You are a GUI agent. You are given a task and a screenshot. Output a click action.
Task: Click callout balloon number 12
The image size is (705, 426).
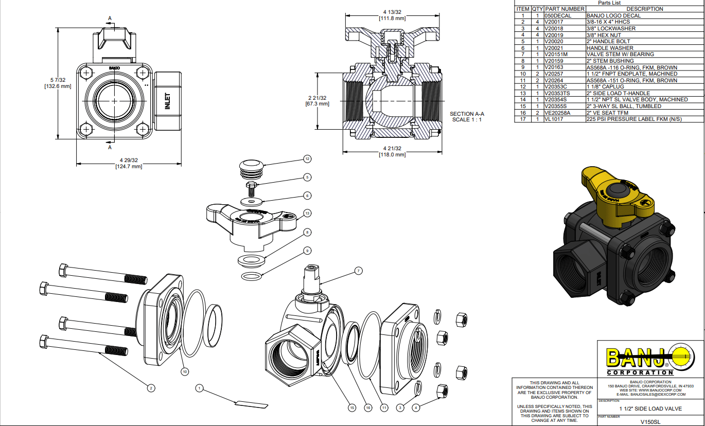tap(308, 159)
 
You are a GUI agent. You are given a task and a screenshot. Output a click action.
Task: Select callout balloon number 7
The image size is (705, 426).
tap(358, 271)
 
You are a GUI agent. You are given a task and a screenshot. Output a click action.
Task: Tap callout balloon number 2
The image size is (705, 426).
tap(151, 388)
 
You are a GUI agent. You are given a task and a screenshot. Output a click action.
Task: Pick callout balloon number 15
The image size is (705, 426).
tap(352, 407)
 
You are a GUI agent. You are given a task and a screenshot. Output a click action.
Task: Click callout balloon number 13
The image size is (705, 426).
tap(308, 213)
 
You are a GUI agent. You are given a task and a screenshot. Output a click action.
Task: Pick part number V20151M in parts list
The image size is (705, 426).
tap(557, 54)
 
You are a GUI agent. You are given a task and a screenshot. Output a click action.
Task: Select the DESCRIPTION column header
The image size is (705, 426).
tap(644, 9)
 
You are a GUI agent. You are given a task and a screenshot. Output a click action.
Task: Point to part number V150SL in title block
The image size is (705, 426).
tap(650, 422)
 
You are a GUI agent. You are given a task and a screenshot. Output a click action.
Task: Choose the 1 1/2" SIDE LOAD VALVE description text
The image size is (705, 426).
tap(650, 409)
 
